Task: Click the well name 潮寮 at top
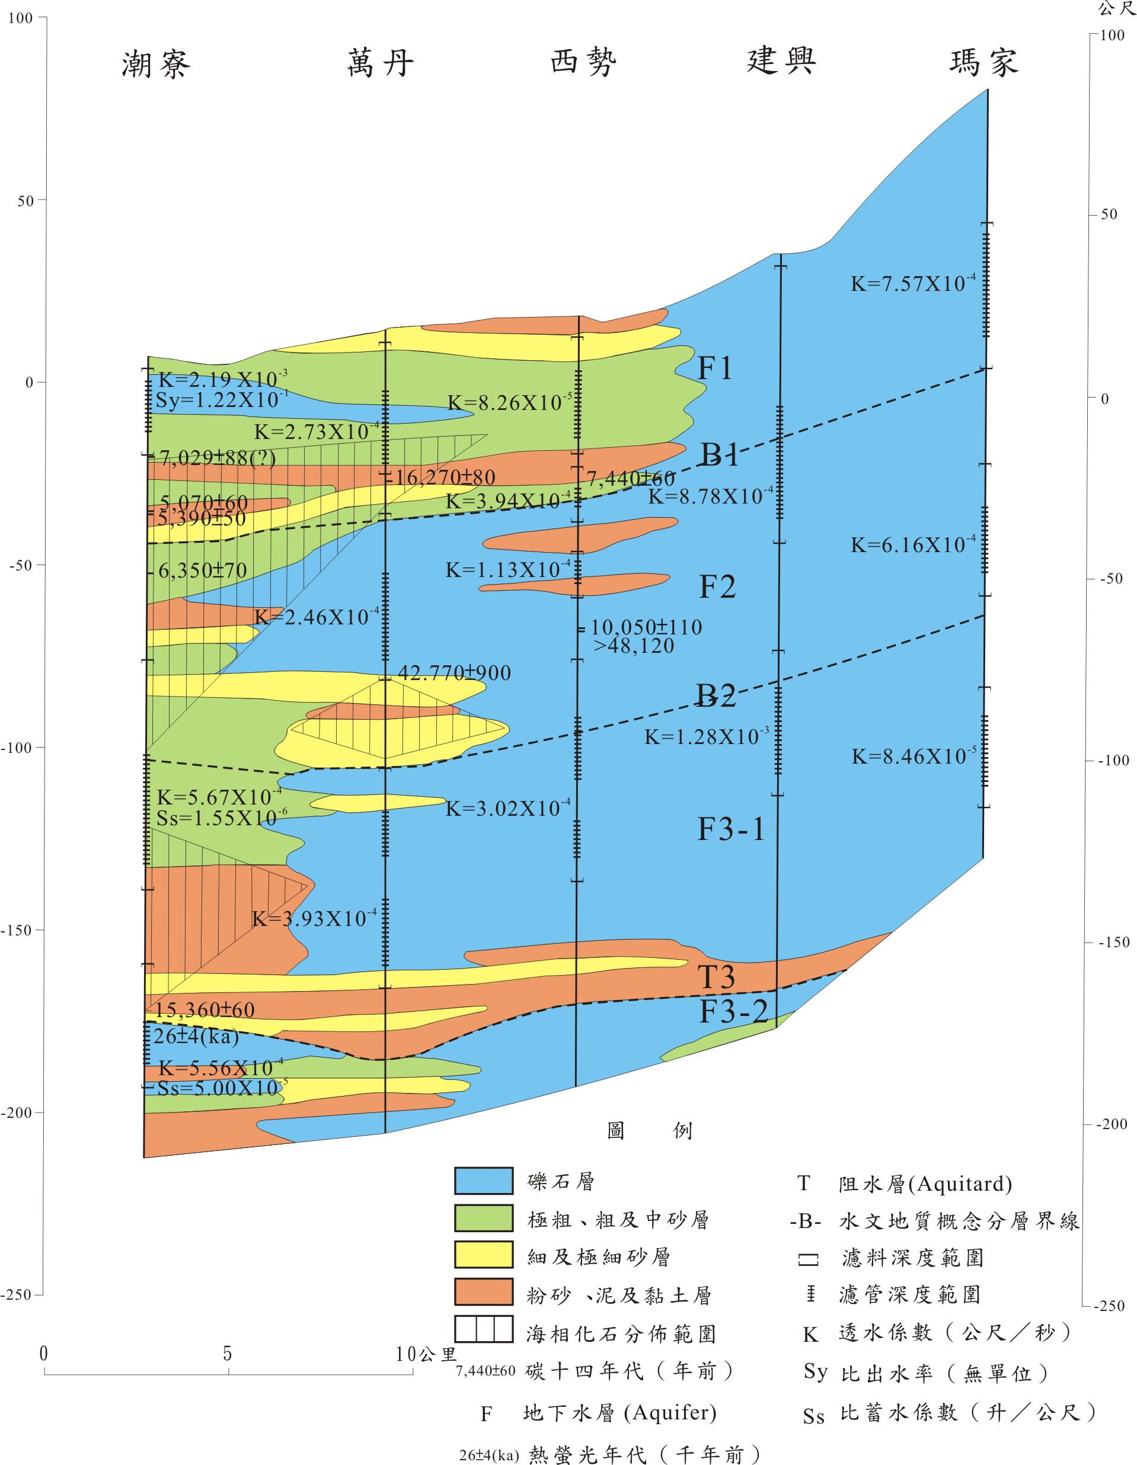[x=156, y=65]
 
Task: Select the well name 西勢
[x=583, y=62]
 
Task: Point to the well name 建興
[x=781, y=60]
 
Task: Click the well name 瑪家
[x=984, y=62]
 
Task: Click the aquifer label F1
[x=714, y=368]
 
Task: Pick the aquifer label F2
[x=717, y=587]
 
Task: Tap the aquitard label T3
[x=716, y=977]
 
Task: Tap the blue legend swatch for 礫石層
[x=483, y=1181]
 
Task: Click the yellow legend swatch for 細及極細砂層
[x=483, y=1254]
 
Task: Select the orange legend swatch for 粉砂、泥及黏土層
[x=483, y=1292]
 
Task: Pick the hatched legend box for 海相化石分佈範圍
[x=483, y=1329]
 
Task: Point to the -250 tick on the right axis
[x=1108, y=1306]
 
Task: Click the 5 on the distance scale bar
[x=228, y=1354]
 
